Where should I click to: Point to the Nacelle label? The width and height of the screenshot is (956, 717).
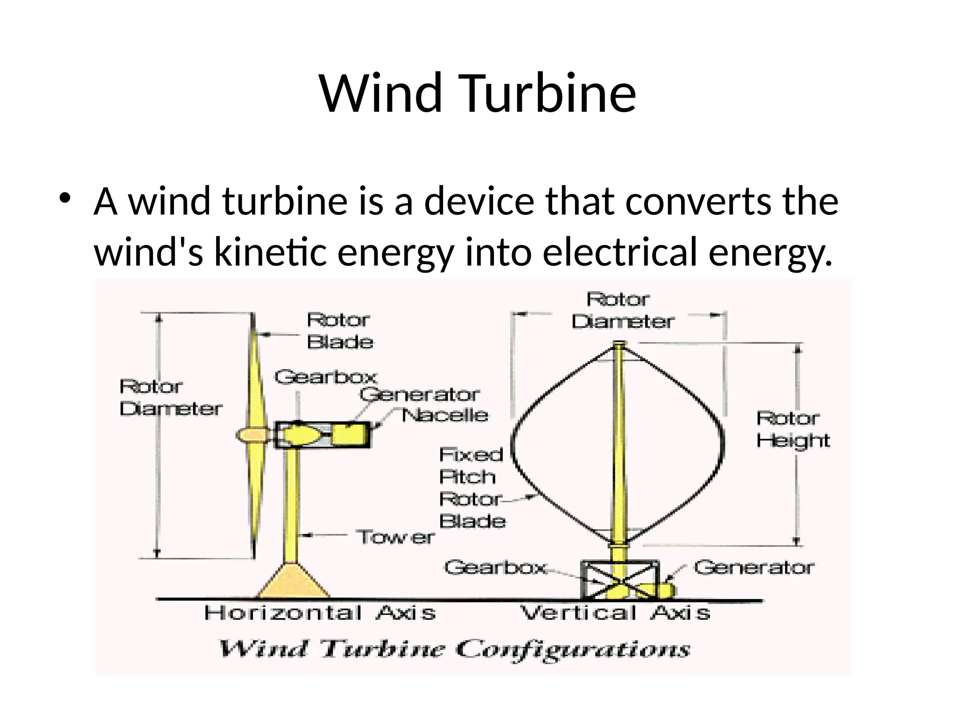tap(445, 415)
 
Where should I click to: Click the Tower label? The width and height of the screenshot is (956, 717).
tap(395, 537)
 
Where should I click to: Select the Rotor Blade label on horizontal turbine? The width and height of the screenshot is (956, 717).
tap(340, 331)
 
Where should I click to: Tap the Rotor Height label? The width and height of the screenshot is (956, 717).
tap(793, 429)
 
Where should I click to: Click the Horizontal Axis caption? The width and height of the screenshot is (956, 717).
tap(320, 613)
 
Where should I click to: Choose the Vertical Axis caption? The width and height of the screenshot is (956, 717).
tap(615, 613)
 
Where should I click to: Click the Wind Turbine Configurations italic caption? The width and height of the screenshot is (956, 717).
tap(454, 649)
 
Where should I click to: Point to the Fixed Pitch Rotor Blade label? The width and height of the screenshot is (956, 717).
tap(471, 488)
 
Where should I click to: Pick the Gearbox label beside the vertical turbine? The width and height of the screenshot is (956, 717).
tap(495, 568)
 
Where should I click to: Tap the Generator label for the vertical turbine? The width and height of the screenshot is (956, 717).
tap(753, 568)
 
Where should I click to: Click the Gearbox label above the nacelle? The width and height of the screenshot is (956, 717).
tap(325, 377)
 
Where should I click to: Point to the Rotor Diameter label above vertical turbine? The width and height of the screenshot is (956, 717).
tap(622, 310)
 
